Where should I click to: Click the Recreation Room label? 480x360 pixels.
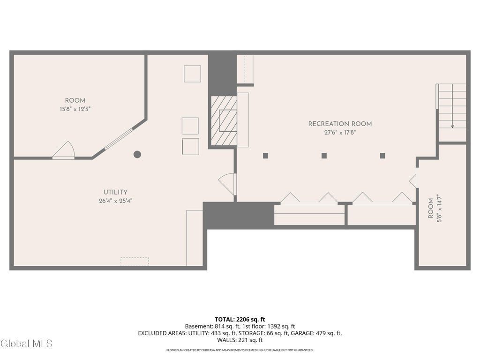point(340,124)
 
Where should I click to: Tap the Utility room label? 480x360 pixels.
point(115,192)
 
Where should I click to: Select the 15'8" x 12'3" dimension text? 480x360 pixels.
point(75,109)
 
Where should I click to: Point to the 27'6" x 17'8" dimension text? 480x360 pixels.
point(340,133)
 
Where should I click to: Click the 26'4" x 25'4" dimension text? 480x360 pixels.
point(115,201)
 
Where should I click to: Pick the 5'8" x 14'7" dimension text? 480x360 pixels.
point(439,208)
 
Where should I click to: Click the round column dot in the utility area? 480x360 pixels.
point(137,154)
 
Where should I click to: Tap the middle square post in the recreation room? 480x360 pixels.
point(324,156)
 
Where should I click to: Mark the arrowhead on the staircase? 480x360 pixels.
point(452,126)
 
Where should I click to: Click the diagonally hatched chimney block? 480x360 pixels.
point(224,120)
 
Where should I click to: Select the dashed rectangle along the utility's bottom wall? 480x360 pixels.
point(135,262)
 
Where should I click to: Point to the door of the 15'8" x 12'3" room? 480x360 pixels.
point(64,150)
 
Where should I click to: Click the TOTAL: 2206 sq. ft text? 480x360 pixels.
point(240,320)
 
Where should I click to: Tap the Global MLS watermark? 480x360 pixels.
point(27,344)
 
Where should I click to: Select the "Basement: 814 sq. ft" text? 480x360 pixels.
point(210,326)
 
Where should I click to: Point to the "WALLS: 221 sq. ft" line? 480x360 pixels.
point(240,340)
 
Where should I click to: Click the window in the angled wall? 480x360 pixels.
point(119,139)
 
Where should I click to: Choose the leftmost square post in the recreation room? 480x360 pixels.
point(265,156)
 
